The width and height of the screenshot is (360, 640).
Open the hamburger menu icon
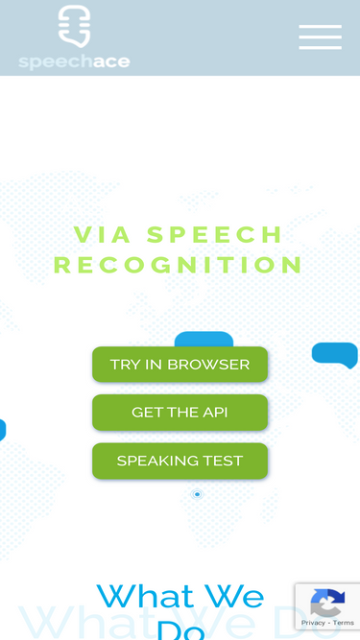320,37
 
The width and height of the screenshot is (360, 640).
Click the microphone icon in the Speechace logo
74,26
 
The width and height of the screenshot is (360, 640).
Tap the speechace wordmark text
74,61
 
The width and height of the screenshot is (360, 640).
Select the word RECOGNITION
179,264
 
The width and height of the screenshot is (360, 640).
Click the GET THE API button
180,413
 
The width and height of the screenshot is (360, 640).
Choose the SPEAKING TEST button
180,461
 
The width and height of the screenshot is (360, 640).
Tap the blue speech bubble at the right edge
335,354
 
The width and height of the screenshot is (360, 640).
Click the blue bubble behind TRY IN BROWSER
204,339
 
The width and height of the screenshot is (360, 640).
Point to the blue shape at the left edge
2,430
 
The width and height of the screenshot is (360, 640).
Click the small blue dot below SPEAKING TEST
198,494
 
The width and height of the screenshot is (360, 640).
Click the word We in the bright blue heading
231,597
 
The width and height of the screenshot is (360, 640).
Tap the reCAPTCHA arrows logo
327,604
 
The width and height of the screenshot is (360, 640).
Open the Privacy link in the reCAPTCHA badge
313,623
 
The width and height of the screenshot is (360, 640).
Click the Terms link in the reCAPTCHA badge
344,623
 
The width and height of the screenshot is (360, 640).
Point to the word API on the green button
215,413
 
